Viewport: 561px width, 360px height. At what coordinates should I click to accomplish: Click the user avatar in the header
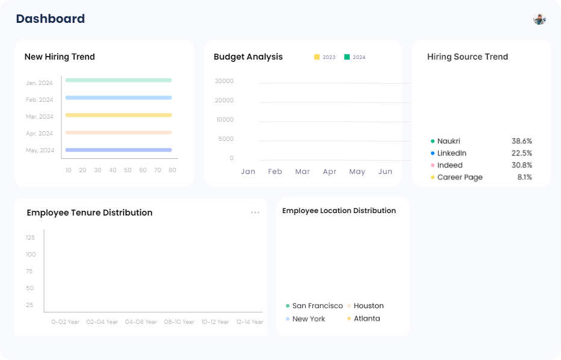[x=539, y=19]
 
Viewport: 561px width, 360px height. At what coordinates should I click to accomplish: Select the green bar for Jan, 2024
[x=119, y=80]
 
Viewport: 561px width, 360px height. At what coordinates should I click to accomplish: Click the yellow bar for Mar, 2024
[x=119, y=115]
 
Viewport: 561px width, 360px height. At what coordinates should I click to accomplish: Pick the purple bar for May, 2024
[x=119, y=150]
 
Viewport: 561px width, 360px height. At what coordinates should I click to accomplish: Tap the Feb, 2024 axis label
[x=39, y=100]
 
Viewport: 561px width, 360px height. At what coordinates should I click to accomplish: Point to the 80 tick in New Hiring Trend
[x=172, y=170]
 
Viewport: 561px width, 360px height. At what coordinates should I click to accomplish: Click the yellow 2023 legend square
[x=317, y=57]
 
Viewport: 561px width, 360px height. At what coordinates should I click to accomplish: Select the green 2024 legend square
[x=347, y=57]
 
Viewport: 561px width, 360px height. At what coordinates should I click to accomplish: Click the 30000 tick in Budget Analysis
[x=225, y=81]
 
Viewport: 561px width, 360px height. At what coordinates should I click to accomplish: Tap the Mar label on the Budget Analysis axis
[x=302, y=172]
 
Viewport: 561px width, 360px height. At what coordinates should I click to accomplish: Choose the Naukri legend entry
[x=448, y=141]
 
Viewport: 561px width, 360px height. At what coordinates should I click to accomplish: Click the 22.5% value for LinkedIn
[x=522, y=154]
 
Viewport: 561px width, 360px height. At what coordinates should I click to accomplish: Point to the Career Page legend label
[x=460, y=178]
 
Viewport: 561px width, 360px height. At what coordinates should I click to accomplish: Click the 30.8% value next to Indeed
[x=522, y=166]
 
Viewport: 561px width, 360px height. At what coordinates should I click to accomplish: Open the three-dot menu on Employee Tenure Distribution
[x=255, y=213]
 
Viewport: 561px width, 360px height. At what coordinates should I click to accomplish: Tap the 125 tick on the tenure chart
[x=30, y=238]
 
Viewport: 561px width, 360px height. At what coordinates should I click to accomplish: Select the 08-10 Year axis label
[x=179, y=322]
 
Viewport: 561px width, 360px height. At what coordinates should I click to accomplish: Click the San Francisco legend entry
[x=317, y=306]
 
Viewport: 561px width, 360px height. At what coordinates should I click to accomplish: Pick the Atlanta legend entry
[x=367, y=318]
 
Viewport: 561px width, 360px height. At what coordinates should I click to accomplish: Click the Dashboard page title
[x=51, y=19]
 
